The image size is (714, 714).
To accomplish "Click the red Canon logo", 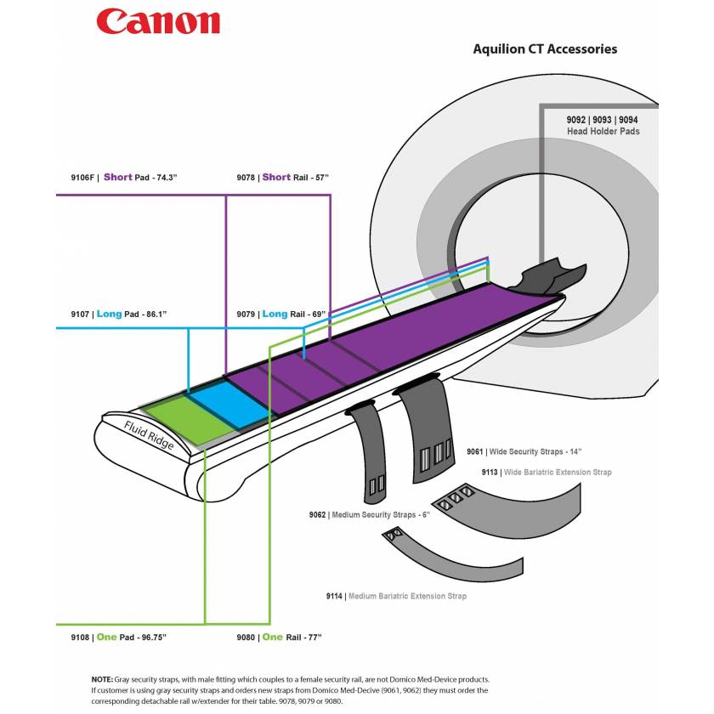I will pyautogui.click(x=158, y=22).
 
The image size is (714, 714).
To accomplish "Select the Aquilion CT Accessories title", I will pyautogui.click(x=545, y=49).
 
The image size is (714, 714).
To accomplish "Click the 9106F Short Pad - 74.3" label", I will pyautogui.click(x=128, y=178).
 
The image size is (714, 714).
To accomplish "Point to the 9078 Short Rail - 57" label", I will pyautogui.click(x=282, y=178).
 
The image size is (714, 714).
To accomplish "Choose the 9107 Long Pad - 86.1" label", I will pyautogui.click(x=118, y=314).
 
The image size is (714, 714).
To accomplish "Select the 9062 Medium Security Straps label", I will pyautogui.click(x=370, y=515).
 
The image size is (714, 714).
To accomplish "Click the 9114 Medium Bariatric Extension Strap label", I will pyautogui.click(x=396, y=597).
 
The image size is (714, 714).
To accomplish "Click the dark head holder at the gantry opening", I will pyautogui.click(x=553, y=275).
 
